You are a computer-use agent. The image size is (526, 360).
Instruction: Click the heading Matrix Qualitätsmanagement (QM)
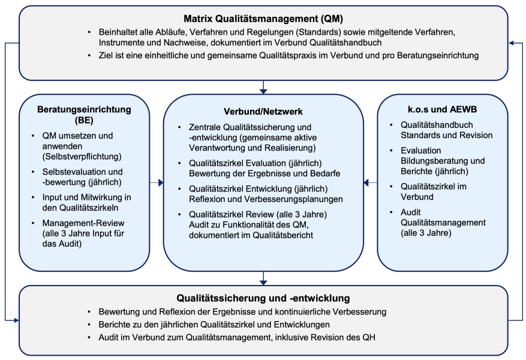click(x=263, y=19)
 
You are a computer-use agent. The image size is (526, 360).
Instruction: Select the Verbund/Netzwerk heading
click(x=263, y=112)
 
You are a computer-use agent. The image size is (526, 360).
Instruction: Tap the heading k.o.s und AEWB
click(x=442, y=109)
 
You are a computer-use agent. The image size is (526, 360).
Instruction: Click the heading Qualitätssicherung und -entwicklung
click(x=263, y=298)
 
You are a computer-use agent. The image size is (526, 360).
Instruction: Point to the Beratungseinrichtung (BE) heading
click(x=84, y=115)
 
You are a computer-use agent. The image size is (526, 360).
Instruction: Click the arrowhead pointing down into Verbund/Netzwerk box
click(x=263, y=91)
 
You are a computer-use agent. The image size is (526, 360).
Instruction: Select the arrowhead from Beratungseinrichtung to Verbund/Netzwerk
click(x=161, y=182)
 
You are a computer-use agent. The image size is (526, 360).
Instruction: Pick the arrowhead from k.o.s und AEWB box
click(x=366, y=182)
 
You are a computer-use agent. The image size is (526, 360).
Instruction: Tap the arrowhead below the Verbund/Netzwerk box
click(x=263, y=283)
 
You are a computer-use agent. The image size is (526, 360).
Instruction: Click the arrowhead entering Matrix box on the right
click(x=512, y=43)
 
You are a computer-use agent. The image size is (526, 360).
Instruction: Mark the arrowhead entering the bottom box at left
click(x=16, y=320)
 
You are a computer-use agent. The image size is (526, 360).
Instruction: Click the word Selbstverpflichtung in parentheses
click(x=82, y=157)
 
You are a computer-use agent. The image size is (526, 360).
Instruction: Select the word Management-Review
click(x=83, y=223)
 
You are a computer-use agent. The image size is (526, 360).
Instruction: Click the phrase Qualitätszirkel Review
click(x=232, y=214)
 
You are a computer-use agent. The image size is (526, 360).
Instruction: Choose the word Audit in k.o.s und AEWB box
click(x=411, y=212)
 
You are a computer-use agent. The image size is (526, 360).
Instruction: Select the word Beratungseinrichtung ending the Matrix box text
click(x=438, y=55)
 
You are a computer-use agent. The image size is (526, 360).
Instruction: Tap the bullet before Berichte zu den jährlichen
click(x=89, y=325)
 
